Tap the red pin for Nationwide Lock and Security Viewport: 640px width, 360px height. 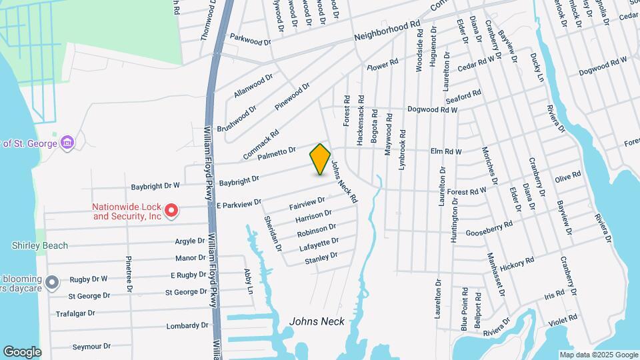coord(171,211)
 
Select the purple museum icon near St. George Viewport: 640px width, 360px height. coord(67,142)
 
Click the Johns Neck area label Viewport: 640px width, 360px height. coord(317,321)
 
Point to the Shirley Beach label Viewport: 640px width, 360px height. coord(39,245)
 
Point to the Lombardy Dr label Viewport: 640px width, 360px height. coord(187,326)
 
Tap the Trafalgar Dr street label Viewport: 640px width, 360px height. coord(76,313)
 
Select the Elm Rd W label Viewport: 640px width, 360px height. coord(446,151)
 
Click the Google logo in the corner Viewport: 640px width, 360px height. coord(22,351)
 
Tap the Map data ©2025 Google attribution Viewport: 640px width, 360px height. coord(599,355)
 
